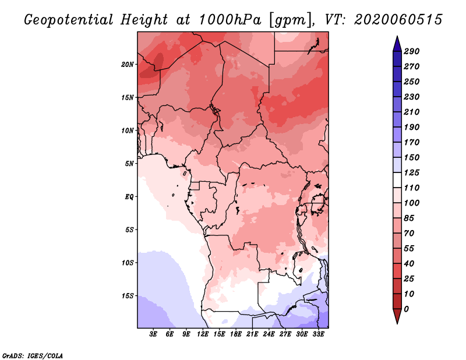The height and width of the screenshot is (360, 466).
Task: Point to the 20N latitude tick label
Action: [128, 64]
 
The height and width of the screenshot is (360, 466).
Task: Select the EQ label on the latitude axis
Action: [129, 196]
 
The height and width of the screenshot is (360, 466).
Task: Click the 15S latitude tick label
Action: [128, 295]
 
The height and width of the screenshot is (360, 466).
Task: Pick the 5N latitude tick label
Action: [129, 163]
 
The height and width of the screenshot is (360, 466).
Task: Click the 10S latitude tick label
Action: [128, 262]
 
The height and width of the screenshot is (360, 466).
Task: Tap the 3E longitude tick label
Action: [154, 335]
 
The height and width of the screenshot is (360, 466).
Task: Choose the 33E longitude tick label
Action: [318, 335]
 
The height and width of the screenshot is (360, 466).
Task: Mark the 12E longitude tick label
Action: [203, 335]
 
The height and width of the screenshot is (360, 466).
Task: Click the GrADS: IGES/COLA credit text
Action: [33, 355]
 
